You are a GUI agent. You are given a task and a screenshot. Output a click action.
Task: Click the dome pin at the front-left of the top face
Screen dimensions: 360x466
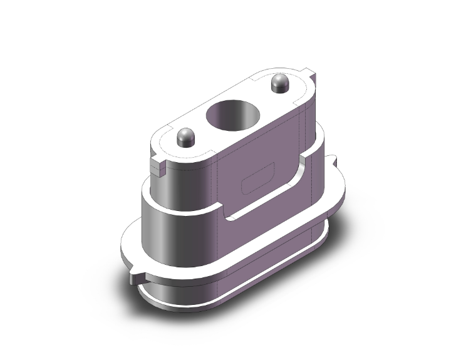tap(185, 136)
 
